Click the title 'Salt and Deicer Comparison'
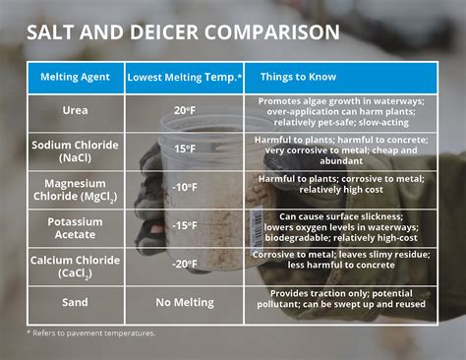pos(183,31)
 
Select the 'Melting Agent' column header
pos(76,77)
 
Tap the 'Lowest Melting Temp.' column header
pos(184,77)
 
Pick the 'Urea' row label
pos(76,111)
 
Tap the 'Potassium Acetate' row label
pos(76,229)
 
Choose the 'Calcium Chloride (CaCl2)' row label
pos(76,267)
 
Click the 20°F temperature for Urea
pos(186,111)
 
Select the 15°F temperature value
pos(186,149)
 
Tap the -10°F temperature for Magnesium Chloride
pos(185,186)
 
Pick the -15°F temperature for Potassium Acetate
pos(185,225)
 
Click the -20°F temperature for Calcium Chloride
pos(185,265)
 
